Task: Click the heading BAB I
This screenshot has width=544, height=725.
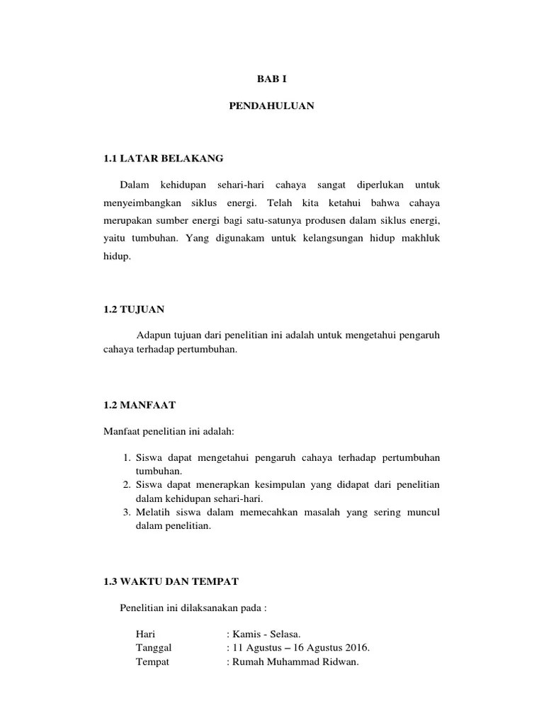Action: point(272,80)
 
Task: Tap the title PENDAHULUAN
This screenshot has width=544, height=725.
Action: point(272,106)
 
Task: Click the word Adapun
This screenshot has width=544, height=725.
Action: point(155,335)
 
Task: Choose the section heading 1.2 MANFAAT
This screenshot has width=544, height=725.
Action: point(140,405)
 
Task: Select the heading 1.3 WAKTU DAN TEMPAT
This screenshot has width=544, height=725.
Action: point(171,581)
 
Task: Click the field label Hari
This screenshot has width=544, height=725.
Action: point(145,634)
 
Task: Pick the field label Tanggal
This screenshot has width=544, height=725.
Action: point(153,648)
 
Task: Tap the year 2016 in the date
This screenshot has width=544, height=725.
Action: point(356,648)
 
